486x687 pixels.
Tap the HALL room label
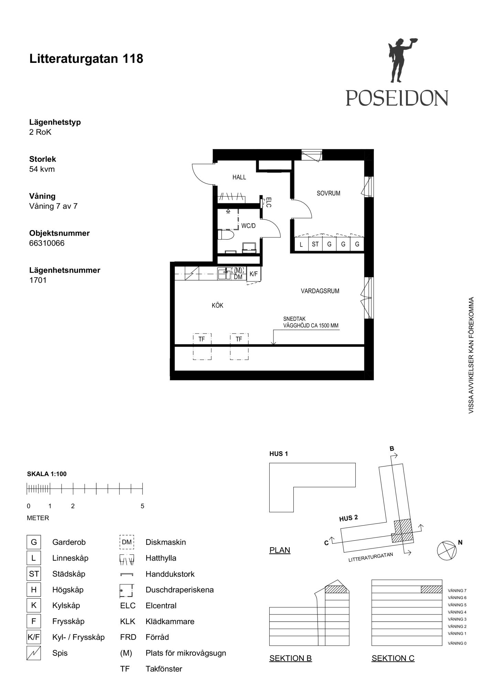[239, 177]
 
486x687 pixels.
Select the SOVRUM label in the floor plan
[328, 193]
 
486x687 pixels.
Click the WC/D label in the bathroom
[248, 226]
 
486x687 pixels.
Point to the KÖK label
[217, 305]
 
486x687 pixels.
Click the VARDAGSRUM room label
[320, 291]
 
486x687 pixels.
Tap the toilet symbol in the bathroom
[226, 235]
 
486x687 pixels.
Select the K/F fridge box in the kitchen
[253, 274]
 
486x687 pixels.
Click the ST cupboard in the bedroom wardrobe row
[315, 244]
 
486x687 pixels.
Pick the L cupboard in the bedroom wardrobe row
[301, 244]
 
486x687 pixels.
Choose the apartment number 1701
[38, 280]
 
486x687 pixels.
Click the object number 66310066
[47, 243]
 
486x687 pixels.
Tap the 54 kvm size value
[42, 169]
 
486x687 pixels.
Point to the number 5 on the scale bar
[142, 506]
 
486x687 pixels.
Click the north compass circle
[446, 551]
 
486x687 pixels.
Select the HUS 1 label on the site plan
[279, 454]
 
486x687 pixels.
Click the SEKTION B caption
[291, 658]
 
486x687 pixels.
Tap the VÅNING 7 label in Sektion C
[457, 591]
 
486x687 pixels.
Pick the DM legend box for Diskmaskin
[127, 542]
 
